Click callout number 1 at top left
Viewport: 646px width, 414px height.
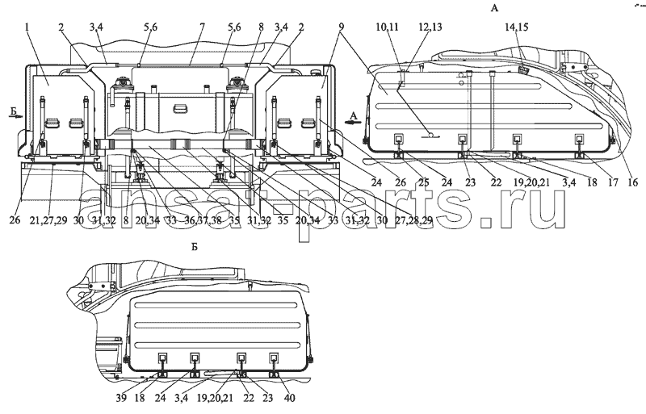coord(27,27)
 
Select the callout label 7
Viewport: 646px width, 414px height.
coord(203,27)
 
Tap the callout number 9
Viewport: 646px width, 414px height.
coord(342,27)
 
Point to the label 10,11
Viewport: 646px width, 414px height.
coord(387,27)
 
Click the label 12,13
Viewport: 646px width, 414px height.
coord(430,27)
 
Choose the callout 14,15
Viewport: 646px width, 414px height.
coord(517,27)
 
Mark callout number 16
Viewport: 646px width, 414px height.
coord(632,182)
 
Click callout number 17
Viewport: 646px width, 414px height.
coord(613,182)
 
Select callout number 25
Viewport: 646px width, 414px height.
coord(423,182)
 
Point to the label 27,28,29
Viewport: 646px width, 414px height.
coord(416,220)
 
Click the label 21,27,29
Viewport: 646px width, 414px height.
coord(48,220)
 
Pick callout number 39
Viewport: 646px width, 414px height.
coord(122,399)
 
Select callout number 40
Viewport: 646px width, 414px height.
coord(290,399)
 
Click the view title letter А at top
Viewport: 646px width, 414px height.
coord(494,8)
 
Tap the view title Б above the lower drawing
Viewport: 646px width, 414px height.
coord(195,247)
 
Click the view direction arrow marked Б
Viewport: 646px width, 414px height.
coord(15,116)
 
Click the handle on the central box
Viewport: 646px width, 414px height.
coord(179,109)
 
